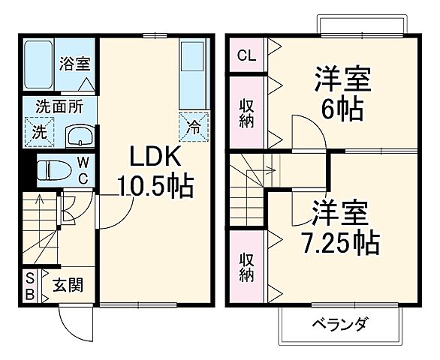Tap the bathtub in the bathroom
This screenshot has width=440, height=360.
click(37, 65)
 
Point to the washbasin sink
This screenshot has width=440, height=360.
click(77, 136)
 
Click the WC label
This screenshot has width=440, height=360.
click(84, 170)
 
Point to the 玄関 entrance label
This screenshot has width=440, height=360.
click(68, 286)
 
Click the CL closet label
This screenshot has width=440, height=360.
click(245, 55)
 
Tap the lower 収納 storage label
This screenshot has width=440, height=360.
click(246, 265)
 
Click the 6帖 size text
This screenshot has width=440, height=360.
click(343, 109)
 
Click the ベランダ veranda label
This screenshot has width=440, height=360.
click(340, 325)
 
